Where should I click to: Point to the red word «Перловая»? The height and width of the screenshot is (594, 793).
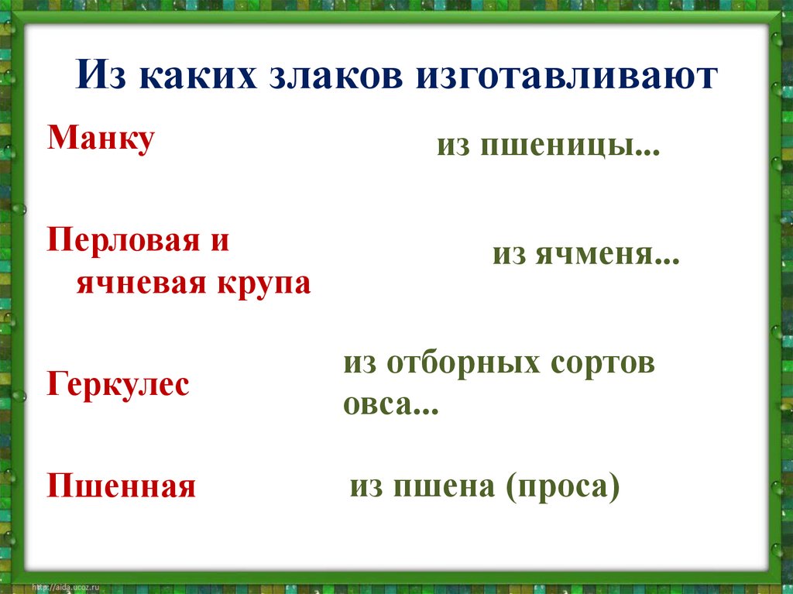coord(128,241)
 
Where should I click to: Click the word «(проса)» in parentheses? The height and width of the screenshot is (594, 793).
coord(563,487)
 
